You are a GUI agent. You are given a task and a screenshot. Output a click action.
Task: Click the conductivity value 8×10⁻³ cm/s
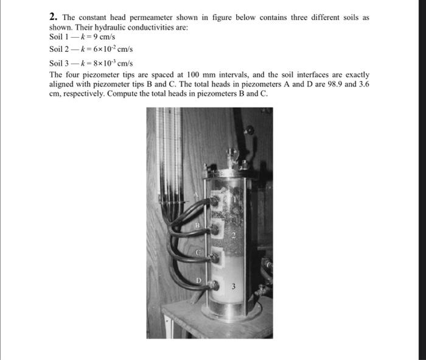(110, 63)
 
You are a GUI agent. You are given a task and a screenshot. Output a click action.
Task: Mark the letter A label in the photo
(196, 194)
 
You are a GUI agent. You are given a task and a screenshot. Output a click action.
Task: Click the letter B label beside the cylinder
(197, 226)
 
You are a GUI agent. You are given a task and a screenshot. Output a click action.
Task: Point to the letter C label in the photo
(197, 252)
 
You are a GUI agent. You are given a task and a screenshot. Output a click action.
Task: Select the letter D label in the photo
(197, 280)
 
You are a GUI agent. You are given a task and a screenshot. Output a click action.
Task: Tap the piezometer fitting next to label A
(214, 199)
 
